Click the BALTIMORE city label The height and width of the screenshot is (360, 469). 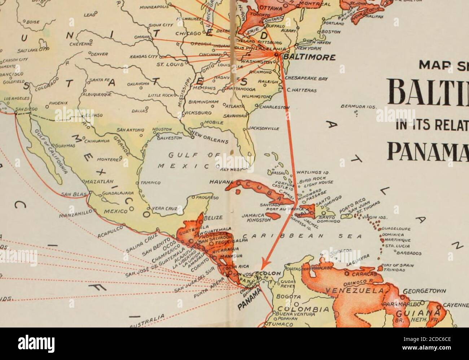pos(310,57)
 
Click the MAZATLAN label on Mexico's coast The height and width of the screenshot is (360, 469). pos(98,181)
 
